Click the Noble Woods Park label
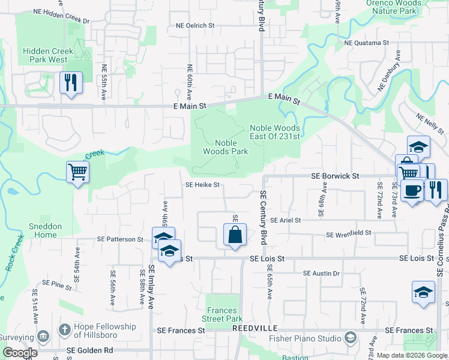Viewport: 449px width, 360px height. (x=231, y=147)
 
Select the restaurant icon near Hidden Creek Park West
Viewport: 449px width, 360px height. (x=71, y=83)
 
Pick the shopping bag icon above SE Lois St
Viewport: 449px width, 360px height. (x=235, y=235)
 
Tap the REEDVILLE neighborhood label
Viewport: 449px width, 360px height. (x=253, y=330)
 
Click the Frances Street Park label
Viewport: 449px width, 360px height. (x=222, y=315)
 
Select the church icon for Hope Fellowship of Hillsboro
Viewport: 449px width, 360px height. (x=64, y=329)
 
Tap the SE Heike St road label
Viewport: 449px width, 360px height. (x=202, y=185)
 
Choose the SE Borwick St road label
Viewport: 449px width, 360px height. (x=335, y=176)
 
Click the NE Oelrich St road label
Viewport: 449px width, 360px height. (x=195, y=26)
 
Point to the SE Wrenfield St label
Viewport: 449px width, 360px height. (x=349, y=235)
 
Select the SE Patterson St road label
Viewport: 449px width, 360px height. (x=121, y=239)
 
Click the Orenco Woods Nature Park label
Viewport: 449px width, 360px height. (x=391, y=7)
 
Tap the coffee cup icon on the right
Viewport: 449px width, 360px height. (x=412, y=191)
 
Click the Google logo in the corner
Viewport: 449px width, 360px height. (x=20, y=353)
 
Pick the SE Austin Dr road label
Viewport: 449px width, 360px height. (x=321, y=274)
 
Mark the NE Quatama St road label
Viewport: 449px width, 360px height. (x=367, y=43)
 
